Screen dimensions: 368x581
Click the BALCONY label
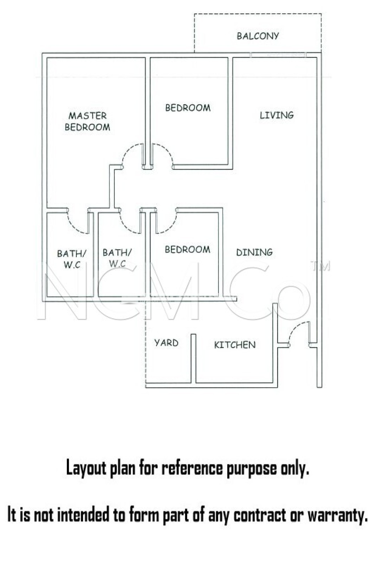[258, 36]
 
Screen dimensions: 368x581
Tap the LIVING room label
[277, 115]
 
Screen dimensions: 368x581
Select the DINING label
[254, 252]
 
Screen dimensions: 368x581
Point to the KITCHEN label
[235, 345]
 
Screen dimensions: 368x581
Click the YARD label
[166, 343]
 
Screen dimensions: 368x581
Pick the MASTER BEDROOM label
[87, 121]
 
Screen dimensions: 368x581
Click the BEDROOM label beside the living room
[188, 108]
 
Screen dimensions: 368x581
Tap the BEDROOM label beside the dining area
[187, 249]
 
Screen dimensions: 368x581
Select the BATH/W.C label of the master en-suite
[72, 259]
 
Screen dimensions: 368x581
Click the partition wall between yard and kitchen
[193, 359]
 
